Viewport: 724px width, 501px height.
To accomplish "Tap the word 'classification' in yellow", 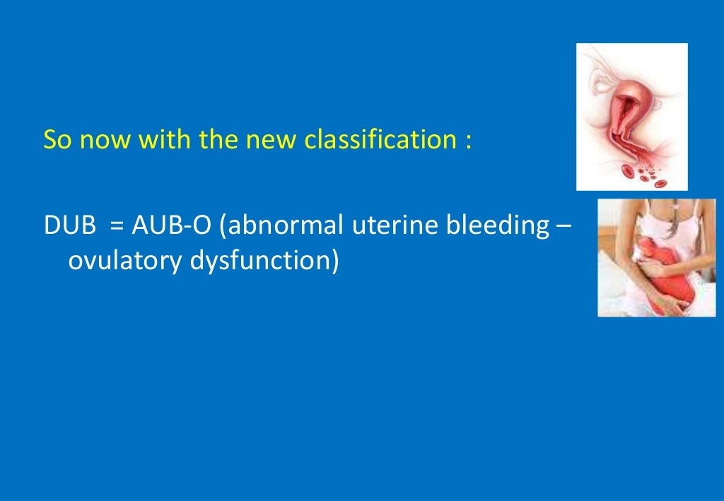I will (380, 141).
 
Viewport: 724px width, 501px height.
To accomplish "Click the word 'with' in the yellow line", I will (165, 141).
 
